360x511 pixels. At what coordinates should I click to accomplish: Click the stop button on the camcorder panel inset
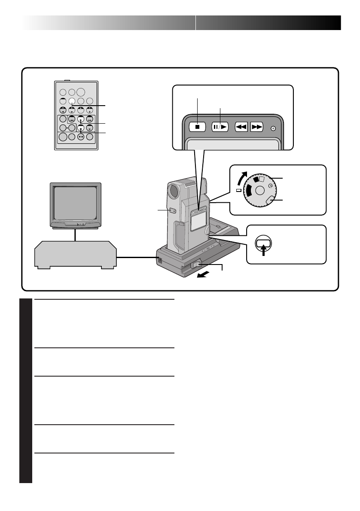coord(197,127)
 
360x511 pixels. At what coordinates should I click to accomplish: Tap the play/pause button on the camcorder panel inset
coord(220,127)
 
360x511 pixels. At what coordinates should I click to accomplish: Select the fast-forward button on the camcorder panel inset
coord(256,127)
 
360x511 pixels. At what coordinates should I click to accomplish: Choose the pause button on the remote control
coord(90,128)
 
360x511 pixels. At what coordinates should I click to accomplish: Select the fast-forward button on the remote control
coord(90,119)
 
